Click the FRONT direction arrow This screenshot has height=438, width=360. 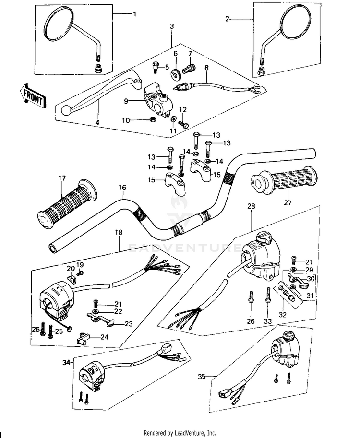32,96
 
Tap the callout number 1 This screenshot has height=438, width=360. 135,13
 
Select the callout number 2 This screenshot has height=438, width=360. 227,19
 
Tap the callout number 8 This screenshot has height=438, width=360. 206,68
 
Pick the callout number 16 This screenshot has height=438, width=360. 122,187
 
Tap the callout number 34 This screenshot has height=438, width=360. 66,363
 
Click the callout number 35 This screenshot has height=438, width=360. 202,377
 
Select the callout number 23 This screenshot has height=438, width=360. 129,324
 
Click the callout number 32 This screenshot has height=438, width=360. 283,315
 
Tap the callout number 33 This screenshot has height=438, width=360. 268,321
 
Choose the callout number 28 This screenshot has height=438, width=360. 251,206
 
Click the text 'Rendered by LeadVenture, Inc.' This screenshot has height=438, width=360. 180,433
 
